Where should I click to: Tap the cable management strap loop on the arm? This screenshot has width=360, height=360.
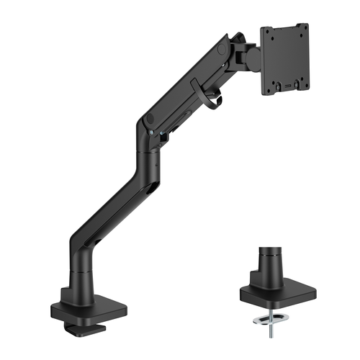(211, 98)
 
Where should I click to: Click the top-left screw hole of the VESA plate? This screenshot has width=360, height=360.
(269, 32)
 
